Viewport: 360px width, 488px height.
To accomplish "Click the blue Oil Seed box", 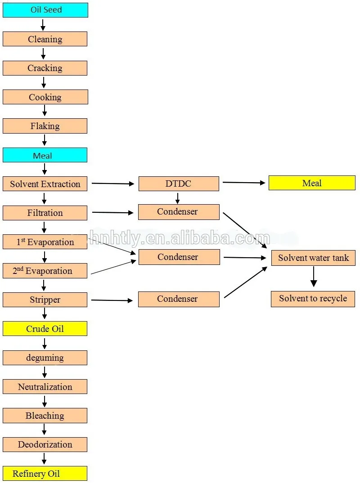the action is point(45,10).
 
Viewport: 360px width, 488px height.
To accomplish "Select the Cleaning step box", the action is point(45,39).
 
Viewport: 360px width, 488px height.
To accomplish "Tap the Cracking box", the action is point(45,68).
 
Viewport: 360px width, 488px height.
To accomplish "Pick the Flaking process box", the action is point(45,126).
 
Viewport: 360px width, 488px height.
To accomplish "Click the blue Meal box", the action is point(45,155).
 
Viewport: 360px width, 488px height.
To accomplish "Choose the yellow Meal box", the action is point(312,183).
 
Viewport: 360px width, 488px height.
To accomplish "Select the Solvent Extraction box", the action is point(45,184).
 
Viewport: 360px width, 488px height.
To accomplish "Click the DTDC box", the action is point(179,184).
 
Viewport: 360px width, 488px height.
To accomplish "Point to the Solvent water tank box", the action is point(313,258).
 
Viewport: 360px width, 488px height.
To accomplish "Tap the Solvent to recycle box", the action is point(313,299).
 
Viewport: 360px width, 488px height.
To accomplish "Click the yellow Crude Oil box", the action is point(45,329).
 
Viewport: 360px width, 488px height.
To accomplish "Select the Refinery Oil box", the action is point(45,473).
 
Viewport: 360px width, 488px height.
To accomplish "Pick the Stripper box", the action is point(45,300).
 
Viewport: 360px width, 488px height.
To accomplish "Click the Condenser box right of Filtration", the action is point(179,212).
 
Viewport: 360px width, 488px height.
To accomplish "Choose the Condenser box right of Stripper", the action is point(179,299).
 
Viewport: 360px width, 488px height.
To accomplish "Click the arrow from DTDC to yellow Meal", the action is point(244,183).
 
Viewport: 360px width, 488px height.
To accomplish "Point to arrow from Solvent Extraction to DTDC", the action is point(113,184).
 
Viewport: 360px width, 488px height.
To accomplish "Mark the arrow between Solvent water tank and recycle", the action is point(314,277).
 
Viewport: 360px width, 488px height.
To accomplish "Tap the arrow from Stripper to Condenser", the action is point(112,300).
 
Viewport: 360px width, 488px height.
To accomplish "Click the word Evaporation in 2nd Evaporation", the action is point(49,271).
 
